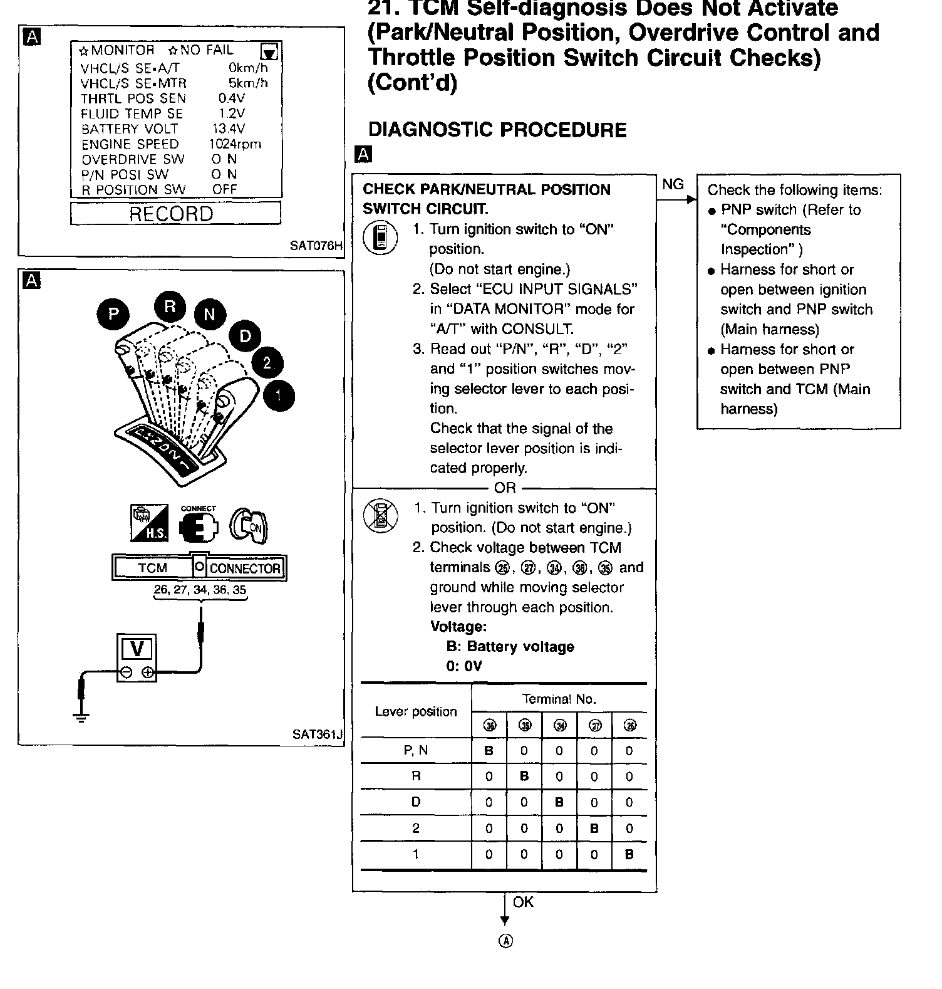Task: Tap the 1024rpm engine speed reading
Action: click(x=235, y=144)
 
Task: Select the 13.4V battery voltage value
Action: click(x=229, y=129)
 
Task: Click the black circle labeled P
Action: click(x=113, y=313)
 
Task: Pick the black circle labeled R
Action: click(x=170, y=306)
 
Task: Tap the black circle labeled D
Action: click(x=245, y=337)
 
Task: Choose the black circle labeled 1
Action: click(x=279, y=395)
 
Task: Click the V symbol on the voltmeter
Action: click(x=137, y=648)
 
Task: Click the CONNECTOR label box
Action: click(x=245, y=568)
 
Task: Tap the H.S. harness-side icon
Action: click(x=148, y=523)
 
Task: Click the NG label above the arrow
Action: click(x=673, y=184)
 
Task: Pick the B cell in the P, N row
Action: click(x=489, y=751)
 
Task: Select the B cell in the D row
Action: click(x=559, y=802)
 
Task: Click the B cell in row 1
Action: click(x=629, y=854)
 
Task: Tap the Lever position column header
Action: click(x=416, y=712)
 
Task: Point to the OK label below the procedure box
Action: click(x=523, y=902)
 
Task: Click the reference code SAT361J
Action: click(x=317, y=734)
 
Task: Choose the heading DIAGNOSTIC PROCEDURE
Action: click(x=497, y=130)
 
